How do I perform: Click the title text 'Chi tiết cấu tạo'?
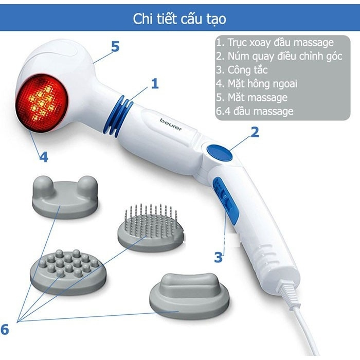pyautogui.click(x=179, y=19)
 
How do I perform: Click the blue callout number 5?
pyautogui.click(x=115, y=47)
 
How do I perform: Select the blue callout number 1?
pyautogui.click(x=155, y=84)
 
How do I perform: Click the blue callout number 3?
pyautogui.click(x=219, y=256)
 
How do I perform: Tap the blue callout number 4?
pyautogui.click(x=44, y=156)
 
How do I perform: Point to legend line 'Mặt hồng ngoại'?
pyautogui.click(x=257, y=83)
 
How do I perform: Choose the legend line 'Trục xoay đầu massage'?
pyautogui.click(x=275, y=43)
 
